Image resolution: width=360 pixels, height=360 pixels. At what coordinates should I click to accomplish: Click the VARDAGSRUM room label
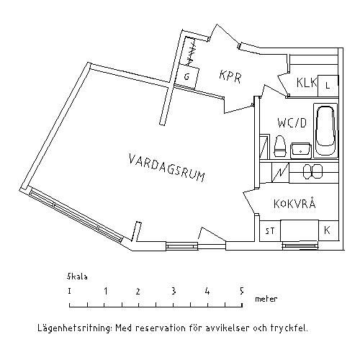coord(167,168)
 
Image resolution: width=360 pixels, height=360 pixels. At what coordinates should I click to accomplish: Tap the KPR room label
coord(230,76)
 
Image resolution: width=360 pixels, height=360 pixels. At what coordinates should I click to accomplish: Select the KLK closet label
coord(307,82)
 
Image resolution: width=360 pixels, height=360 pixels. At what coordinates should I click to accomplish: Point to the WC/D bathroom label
coord(292,122)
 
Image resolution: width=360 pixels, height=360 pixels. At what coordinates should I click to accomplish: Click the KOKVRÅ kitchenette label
coord(294,203)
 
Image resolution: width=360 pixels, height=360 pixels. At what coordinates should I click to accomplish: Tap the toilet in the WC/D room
coord(280,146)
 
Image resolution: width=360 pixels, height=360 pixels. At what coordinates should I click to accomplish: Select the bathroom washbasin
coord(301,150)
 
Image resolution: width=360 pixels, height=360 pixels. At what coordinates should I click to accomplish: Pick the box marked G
coord(187,77)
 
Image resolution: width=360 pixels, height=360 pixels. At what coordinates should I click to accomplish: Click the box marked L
coord(328,86)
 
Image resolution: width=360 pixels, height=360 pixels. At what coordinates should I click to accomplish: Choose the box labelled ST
coord(270,231)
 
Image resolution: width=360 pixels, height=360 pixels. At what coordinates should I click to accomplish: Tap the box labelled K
coord(328,230)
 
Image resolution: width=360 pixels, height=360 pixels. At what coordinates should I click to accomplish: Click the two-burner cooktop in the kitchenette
coord(312,171)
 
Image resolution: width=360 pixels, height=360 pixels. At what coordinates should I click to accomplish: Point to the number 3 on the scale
coord(174,291)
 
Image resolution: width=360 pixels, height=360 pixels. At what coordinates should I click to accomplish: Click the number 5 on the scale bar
coord(242,291)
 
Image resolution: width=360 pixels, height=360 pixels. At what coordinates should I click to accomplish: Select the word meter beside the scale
coord(266,299)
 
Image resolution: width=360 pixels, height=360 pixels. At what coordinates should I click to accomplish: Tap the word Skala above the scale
coord(77,276)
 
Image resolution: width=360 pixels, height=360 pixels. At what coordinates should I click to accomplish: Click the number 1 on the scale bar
coord(106,291)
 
